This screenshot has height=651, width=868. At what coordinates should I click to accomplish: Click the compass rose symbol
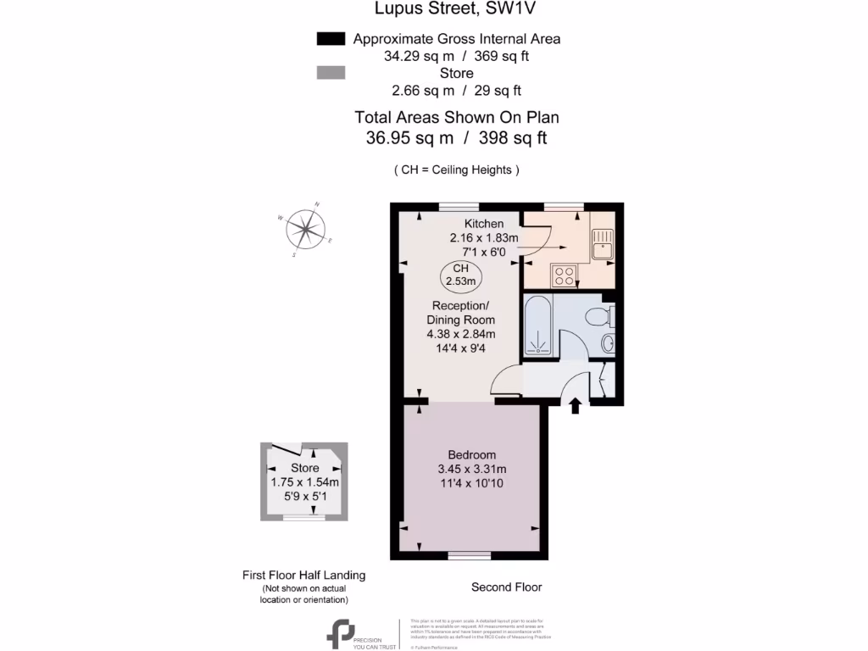coord(306,228)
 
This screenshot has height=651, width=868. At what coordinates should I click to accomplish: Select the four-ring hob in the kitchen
coord(564,274)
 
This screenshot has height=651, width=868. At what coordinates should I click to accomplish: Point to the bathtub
coord(538,327)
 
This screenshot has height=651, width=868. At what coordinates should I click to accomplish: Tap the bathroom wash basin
coord(608,345)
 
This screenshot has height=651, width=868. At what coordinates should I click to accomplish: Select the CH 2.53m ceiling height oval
coord(461,274)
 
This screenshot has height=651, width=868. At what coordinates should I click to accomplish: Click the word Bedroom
coord(472,454)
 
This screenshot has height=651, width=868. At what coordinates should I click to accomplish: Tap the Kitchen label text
coord(471,224)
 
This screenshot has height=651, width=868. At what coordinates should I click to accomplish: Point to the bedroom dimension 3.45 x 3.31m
coord(472,469)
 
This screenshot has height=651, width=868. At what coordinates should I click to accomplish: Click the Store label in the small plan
coord(304,468)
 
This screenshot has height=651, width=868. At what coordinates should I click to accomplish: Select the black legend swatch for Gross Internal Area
coord(330,39)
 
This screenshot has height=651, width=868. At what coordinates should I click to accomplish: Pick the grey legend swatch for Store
coord(330,74)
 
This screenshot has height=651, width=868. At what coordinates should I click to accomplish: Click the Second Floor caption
coord(506,587)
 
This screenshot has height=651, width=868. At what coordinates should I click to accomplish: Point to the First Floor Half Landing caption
coord(304,575)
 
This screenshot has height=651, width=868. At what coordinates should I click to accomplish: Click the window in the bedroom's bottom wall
coord(469,555)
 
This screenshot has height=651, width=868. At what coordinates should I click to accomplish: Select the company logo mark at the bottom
coord(342,634)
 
